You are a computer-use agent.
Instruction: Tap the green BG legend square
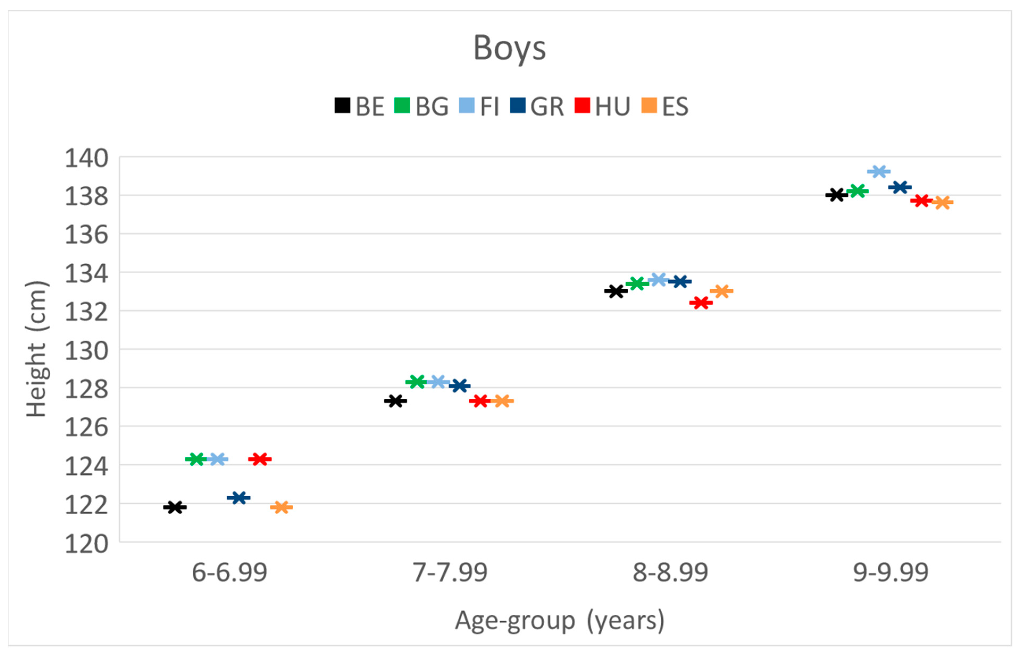click(402, 106)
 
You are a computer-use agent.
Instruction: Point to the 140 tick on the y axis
click(86, 159)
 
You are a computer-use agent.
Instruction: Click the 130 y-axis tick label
click(86, 351)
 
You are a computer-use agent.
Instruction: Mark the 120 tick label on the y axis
click(86, 544)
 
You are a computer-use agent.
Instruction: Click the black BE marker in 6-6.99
click(175, 507)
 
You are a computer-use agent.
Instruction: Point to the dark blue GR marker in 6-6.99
click(239, 497)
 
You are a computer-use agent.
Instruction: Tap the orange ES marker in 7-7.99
click(502, 401)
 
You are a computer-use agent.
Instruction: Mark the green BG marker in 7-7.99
click(416, 382)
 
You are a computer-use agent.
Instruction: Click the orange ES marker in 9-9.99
click(942, 202)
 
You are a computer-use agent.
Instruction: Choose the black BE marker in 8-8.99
click(616, 291)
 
